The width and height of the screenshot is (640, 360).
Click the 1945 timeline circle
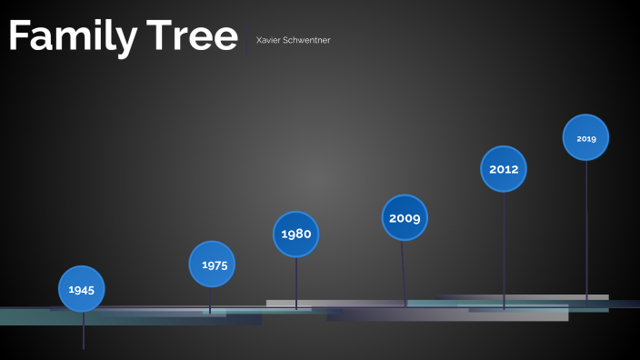[x=82, y=289]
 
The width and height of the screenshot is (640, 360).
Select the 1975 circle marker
[x=213, y=265]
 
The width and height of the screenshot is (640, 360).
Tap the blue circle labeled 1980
[x=296, y=234]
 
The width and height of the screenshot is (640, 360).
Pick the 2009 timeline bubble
[x=405, y=217]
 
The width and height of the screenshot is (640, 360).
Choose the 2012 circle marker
[x=504, y=168]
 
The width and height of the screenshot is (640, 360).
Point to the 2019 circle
[x=585, y=137]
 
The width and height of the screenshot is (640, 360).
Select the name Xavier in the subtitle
[x=268, y=40]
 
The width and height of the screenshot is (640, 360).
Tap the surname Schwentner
[x=306, y=40]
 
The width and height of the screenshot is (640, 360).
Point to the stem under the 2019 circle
[x=586, y=227]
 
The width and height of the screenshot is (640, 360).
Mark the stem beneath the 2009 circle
[x=404, y=273]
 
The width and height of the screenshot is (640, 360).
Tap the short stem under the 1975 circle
[x=211, y=300]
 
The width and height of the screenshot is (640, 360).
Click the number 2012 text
[x=504, y=169]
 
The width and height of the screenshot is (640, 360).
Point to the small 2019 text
[x=585, y=138]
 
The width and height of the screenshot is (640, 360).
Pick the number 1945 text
[x=82, y=290]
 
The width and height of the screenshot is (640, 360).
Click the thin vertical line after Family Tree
[x=246, y=45]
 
